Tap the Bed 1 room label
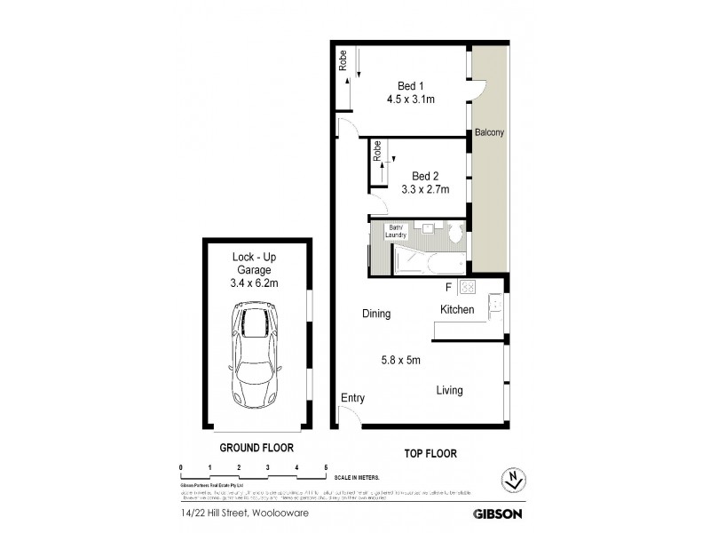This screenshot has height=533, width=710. [x=410, y=85]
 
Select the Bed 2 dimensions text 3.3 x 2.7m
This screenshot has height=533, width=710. [x=425, y=188]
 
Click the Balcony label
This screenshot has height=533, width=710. [x=489, y=133]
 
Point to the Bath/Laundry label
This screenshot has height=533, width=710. [x=396, y=231]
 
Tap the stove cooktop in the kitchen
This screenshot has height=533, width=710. [x=469, y=287]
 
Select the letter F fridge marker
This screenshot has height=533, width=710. [x=449, y=287]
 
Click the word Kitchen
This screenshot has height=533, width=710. [x=457, y=309]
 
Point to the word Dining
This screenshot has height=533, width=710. [x=376, y=314]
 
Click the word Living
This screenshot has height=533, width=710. [x=448, y=390]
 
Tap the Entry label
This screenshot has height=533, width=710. [x=352, y=398]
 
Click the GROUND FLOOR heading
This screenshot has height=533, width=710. [x=256, y=449]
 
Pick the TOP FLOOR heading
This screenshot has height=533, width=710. [x=430, y=453]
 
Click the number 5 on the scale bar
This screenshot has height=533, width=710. [x=326, y=467]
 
